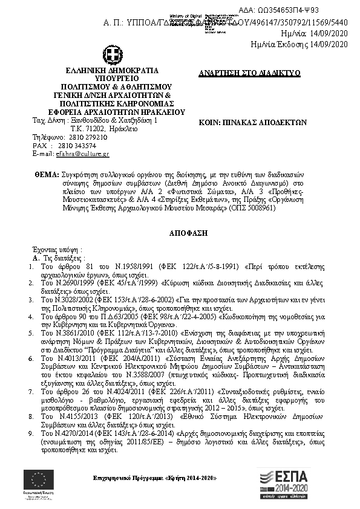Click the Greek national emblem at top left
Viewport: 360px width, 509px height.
coord(112,57)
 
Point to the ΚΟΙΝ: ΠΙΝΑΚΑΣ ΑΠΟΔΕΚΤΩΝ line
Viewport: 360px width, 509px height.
coord(253,121)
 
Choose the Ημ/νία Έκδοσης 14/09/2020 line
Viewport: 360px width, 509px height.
coord(300,45)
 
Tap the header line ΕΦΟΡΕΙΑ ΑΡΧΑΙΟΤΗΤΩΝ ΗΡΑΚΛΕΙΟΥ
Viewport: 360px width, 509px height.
coord(112,112)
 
